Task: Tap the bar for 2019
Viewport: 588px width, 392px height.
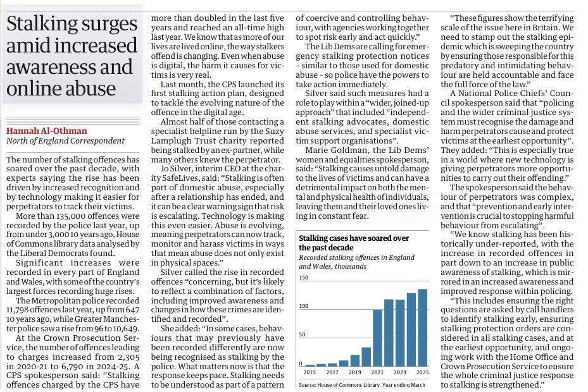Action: (x=354, y=360)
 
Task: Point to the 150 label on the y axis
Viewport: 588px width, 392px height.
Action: (x=304, y=278)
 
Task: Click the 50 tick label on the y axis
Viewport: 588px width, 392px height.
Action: (x=303, y=334)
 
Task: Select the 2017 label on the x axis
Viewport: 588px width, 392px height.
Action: (x=333, y=372)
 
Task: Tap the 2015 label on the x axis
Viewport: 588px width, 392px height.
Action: (x=310, y=372)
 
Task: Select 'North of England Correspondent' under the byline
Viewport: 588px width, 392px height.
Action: (x=58, y=141)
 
